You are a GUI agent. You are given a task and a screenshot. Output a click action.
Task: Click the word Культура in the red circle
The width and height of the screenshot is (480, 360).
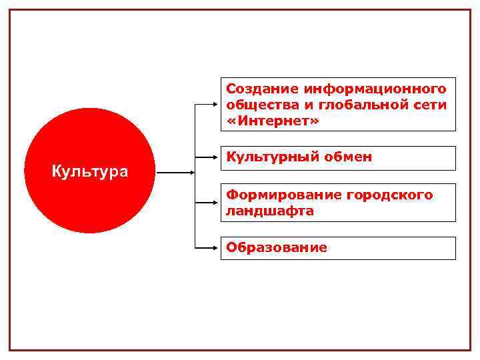90,172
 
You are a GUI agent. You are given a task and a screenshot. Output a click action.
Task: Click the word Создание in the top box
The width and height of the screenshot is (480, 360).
263,89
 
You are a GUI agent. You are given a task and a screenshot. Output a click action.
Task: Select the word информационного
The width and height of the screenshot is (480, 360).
375,89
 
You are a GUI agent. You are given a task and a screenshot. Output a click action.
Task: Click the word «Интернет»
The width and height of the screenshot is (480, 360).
273,122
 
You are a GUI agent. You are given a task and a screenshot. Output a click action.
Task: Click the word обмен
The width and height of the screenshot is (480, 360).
349,157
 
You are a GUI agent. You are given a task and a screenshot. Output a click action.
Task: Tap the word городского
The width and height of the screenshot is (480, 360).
390,195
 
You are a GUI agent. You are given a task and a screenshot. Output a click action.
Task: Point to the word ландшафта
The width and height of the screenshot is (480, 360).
269,211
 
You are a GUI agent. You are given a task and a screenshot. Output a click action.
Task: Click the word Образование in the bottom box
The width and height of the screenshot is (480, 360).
276,247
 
